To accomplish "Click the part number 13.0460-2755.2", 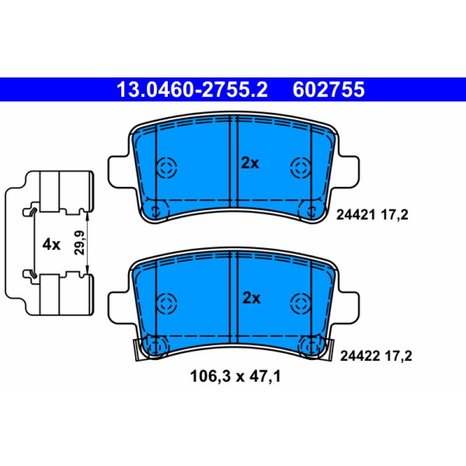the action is [x=192, y=90].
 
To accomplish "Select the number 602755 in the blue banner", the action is [x=329, y=90].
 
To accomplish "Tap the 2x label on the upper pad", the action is [x=250, y=163].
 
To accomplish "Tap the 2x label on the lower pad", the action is [x=252, y=298].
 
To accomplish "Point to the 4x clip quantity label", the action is [x=51, y=245].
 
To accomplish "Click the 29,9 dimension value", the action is [x=80, y=242].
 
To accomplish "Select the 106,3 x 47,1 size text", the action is [x=235, y=376].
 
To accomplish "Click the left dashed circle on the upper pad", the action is [x=167, y=167].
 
